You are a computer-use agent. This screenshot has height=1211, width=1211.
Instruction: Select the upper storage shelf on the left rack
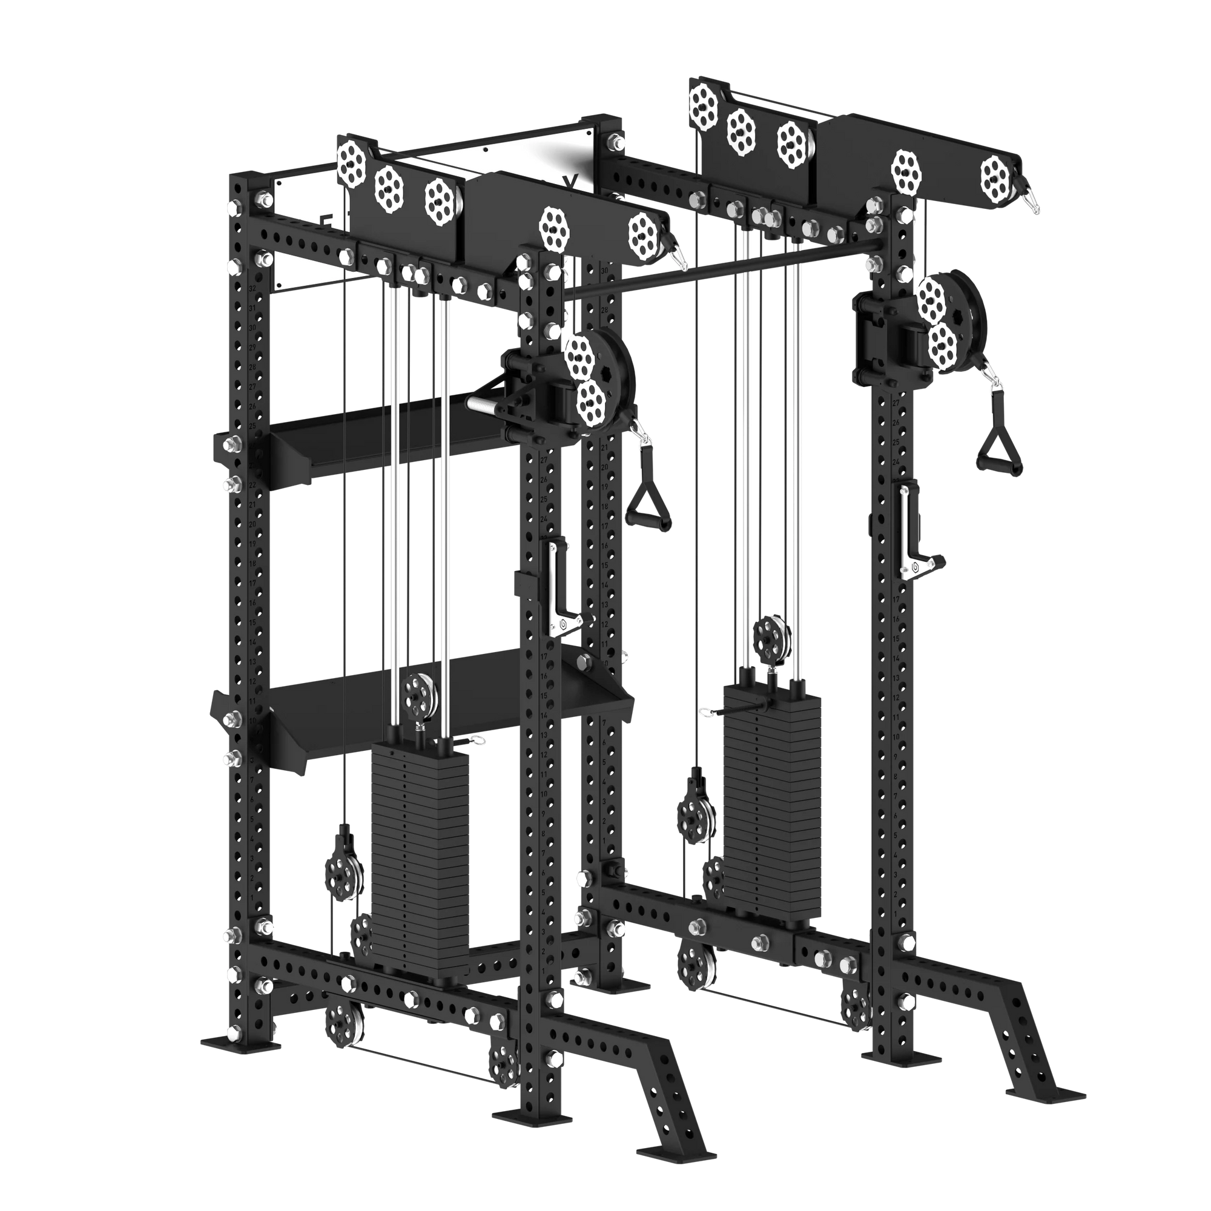point(389,432)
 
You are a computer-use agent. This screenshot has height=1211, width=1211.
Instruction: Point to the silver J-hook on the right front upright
point(912,533)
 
